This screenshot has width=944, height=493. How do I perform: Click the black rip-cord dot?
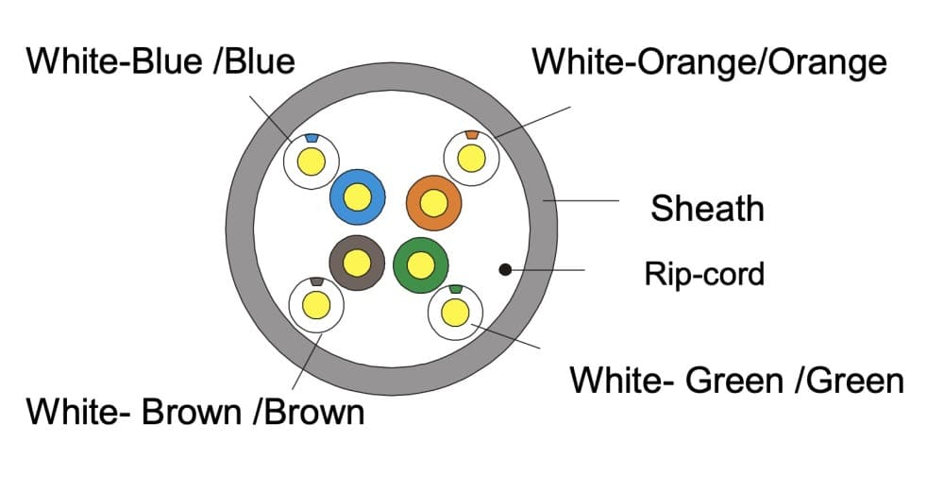[x=505, y=269]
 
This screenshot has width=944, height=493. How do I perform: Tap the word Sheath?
[x=706, y=208]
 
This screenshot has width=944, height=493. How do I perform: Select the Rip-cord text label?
[x=703, y=274]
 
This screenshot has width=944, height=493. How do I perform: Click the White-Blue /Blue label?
[x=160, y=61]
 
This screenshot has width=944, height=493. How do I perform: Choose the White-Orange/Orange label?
[x=709, y=61]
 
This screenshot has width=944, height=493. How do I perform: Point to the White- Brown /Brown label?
[x=194, y=412]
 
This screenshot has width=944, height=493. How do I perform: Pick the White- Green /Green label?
[x=736, y=381]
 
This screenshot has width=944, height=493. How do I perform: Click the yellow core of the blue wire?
[x=357, y=196]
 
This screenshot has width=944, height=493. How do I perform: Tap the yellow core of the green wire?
[x=420, y=263]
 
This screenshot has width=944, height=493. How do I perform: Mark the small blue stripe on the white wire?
[x=311, y=139]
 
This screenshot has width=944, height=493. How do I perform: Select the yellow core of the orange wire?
[x=433, y=202]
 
